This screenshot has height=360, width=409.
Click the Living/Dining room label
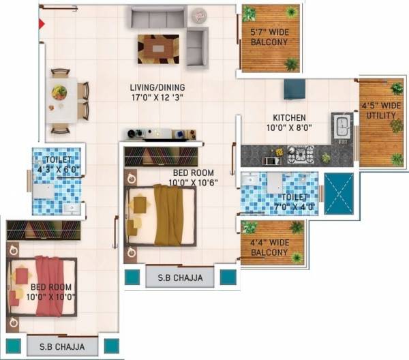(158, 92)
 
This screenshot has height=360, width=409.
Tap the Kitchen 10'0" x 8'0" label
(289, 122)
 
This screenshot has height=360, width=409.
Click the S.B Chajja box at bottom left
(62, 346)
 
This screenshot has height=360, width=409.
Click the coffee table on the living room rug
(158, 48)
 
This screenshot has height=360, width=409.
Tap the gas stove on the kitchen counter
(299, 155)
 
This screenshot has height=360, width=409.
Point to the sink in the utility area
(342, 126)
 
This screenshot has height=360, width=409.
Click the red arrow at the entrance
(42, 24)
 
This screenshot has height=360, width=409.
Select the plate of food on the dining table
(60, 91)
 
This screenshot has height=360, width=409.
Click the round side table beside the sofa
(198, 15)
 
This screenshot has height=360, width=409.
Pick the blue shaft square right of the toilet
(339, 194)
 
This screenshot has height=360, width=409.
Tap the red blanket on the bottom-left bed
(49, 286)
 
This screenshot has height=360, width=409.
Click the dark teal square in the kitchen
(294, 89)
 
